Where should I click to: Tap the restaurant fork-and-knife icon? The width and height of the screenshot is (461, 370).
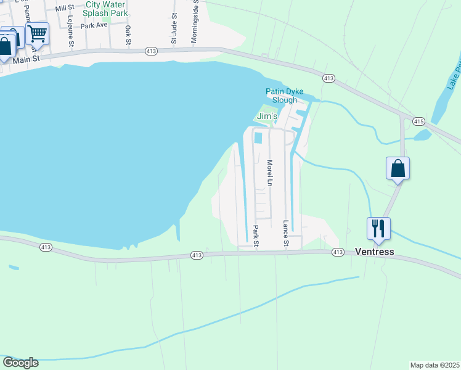pos(378,228)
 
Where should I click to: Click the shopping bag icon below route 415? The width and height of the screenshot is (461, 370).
pos(398,168)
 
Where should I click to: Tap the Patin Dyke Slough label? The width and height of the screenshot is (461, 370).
pos(285,96)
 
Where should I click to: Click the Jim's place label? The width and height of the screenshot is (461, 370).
pos(267,116)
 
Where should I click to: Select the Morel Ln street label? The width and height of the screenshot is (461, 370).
pos(269,173)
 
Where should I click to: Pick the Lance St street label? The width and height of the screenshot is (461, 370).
pos(286,234)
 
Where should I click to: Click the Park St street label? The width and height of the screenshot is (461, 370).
pos(256,234)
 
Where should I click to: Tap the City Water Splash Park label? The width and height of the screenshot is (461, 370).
pos(106,8)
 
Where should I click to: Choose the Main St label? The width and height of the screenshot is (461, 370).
pos(27,59)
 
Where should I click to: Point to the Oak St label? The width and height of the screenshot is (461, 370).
pos(128,35)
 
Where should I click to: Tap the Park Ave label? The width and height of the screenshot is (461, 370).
pos(94,26)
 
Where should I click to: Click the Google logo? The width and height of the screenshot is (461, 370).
pos(20,363)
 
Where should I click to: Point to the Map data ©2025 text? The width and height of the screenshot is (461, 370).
pos(435,365)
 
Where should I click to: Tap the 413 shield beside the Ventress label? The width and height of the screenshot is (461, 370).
pos(337,252)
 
